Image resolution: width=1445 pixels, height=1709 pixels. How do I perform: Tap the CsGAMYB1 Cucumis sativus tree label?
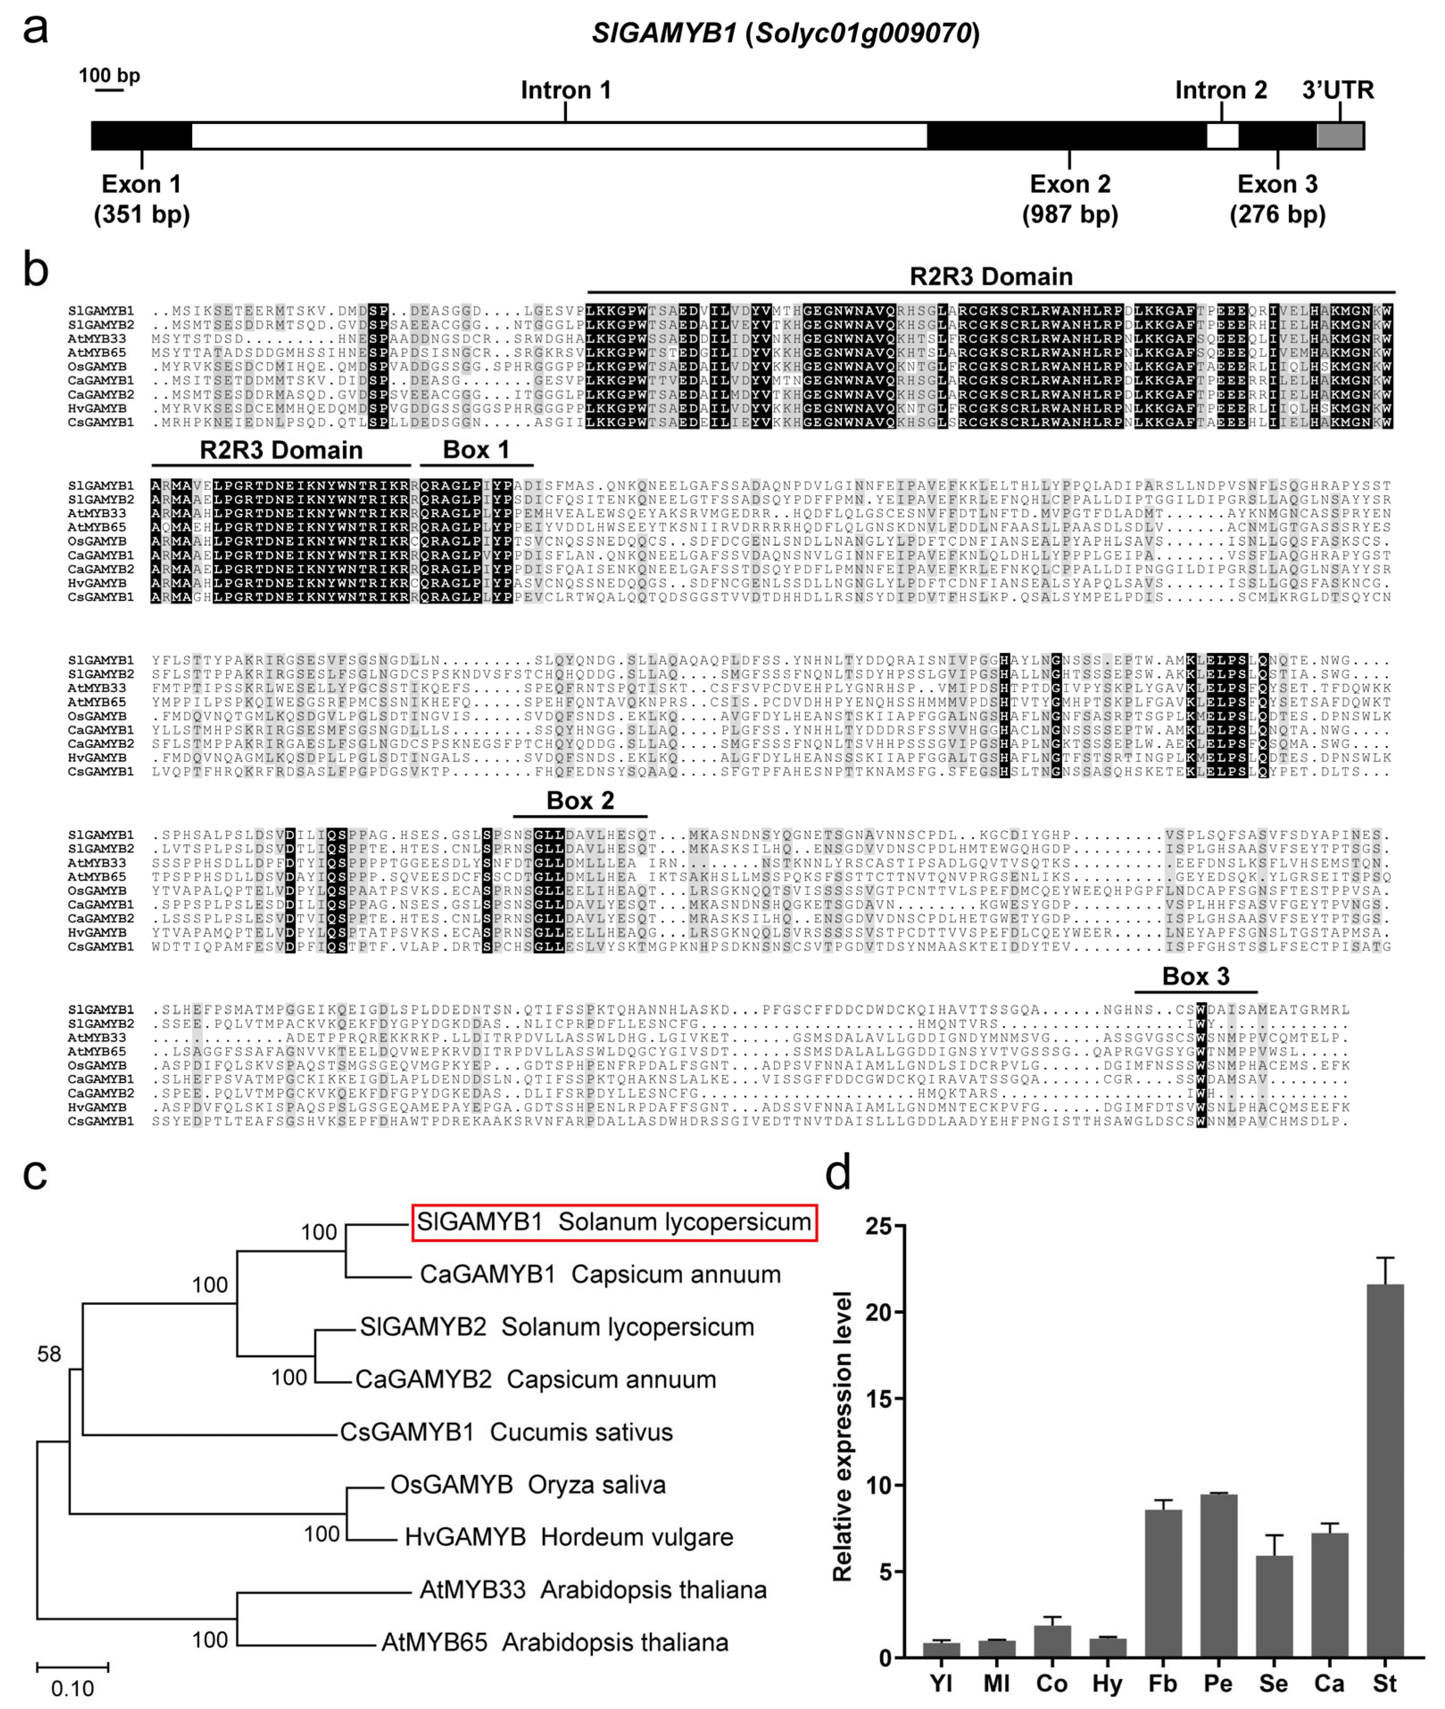pyautogui.click(x=506, y=1432)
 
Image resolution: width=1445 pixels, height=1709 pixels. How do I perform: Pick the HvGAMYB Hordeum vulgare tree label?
pyautogui.click(x=568, y=1537)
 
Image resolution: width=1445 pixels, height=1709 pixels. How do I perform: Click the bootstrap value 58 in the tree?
pyautogui.click(x=49, y=1354)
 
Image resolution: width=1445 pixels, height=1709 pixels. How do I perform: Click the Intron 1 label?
pyautogui.click(x=566, y=90)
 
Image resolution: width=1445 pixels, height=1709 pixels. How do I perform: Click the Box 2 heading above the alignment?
pyautogui.click(x=580, y=800)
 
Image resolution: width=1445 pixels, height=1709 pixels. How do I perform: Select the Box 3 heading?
pyautogui.click(x=1195, y=976)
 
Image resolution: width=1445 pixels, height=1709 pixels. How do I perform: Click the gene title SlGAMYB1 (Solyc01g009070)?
pyautogui.click(x=786, y=33)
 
